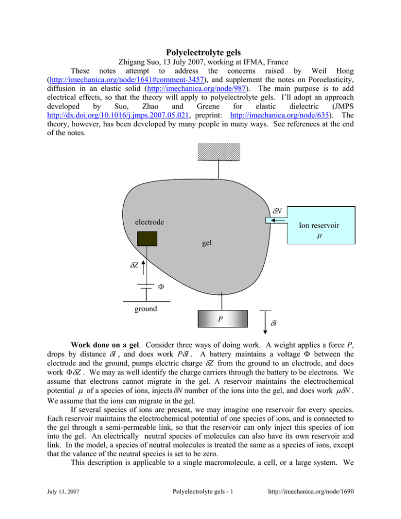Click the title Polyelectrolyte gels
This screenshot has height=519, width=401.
pos(200,53)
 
